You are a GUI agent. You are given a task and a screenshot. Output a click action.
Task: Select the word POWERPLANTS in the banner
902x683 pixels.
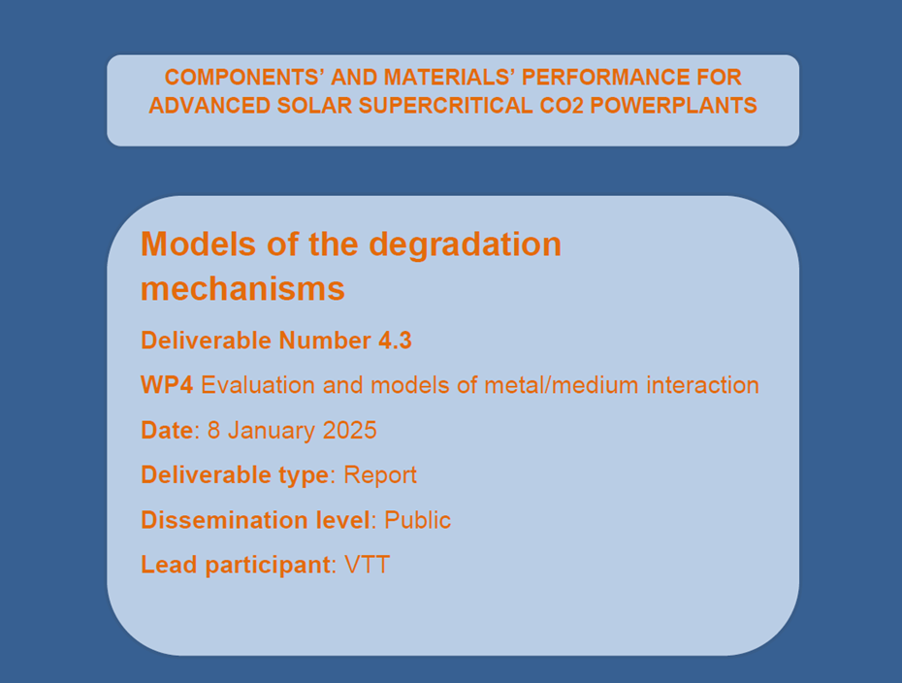click(673, 106)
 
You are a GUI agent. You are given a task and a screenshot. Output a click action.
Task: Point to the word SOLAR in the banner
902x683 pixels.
click(314, 106)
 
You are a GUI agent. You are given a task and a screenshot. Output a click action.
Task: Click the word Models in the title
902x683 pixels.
click(199, 244)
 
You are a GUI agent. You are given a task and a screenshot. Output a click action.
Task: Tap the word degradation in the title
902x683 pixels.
click(465, 245)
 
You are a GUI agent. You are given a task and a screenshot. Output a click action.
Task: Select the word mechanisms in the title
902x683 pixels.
click(242, 288)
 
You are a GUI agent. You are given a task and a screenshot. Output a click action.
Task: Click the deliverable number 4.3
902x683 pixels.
click(395, 341)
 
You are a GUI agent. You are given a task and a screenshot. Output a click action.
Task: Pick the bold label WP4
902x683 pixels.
click(167, 385)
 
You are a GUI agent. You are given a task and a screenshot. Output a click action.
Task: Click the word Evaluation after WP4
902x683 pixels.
click(258, 385)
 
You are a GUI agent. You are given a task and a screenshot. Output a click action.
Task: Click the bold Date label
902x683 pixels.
click(167, 430)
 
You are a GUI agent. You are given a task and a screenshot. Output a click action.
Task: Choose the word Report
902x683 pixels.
click(380, 474)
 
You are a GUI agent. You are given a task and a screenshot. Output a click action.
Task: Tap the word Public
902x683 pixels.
click(418, 520)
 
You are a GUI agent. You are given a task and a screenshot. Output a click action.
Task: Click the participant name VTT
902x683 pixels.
click(367, 565)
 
